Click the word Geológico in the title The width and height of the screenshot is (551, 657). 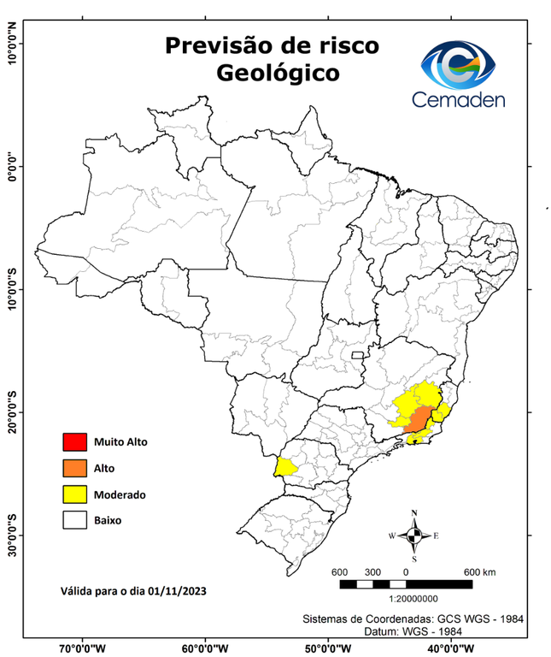pyautogui.click(x=277, y=74)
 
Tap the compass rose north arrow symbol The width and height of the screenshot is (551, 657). pyautogui.click(x=414, y=536)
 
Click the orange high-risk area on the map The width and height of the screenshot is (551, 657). pyautogui.click(x=417, y=420)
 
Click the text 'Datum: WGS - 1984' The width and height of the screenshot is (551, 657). pyautogui.click(x=414, y=630)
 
